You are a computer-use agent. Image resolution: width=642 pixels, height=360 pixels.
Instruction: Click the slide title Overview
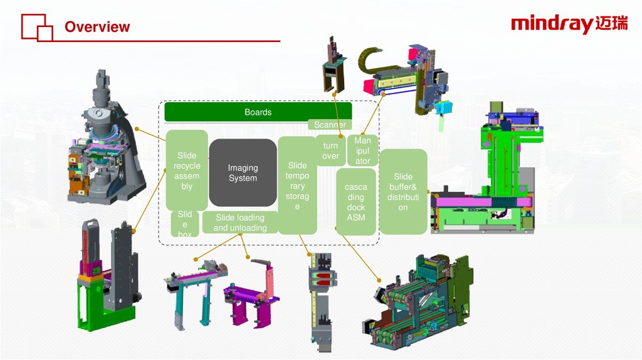point(97,27)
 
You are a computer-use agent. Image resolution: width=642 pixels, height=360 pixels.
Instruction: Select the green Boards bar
point(258,112)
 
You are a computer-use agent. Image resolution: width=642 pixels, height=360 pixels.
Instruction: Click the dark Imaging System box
point(243,173)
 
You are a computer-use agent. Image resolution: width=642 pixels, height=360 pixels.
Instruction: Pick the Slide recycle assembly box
point(187,171)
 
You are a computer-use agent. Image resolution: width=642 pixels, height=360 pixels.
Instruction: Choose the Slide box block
point(185,224)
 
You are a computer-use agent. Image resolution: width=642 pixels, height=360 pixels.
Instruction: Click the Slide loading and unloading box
point(239,223)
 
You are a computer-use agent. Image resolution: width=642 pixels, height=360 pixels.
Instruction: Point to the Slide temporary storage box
point(297,186)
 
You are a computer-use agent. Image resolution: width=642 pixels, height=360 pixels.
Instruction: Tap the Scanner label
point(330,125)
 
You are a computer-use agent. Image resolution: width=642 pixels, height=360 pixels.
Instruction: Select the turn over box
point(330,151)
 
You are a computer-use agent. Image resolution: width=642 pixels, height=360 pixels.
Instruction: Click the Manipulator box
point(362,151)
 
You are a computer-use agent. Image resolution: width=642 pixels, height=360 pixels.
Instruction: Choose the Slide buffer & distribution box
point(403,191)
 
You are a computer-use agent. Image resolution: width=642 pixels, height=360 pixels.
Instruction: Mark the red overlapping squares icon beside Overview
point(37,27)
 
